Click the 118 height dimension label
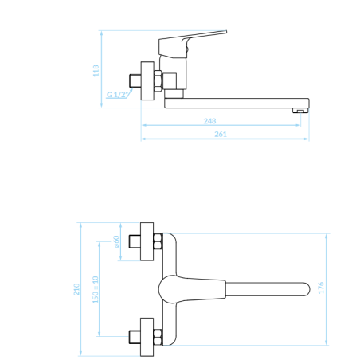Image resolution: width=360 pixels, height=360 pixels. (x=96, y=71)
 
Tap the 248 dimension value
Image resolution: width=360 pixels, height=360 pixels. (x=209, y=121)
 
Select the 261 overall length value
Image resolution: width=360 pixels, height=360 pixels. (x=221, y=135)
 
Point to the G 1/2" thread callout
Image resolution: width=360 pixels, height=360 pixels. (x=117, y=94)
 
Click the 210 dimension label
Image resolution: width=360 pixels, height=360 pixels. (x=76, y=289)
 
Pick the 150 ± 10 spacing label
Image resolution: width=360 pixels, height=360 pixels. (x=96, y=290)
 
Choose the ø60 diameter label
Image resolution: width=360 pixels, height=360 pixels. (x=116, y=241)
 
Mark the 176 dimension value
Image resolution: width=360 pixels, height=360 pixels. (x=321, y=288)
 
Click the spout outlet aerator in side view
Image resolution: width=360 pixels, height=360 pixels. (x=300, y=111)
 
